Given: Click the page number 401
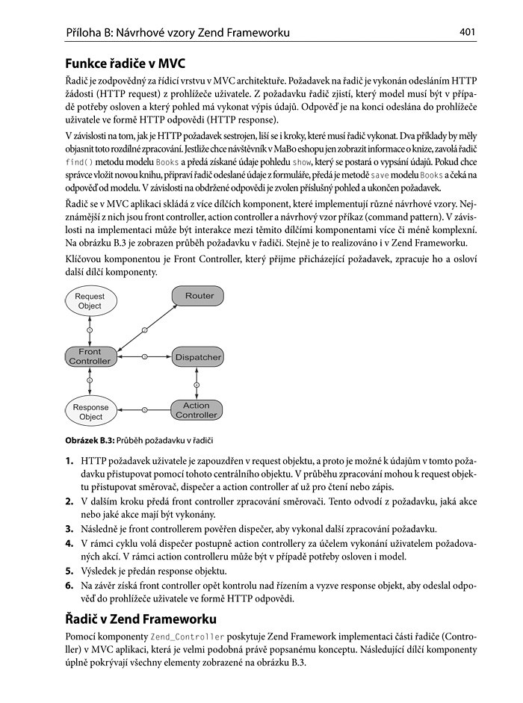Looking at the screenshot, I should pos(468,32).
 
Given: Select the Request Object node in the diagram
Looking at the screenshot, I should pos(90,301).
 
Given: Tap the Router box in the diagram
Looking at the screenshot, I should pos(199,296).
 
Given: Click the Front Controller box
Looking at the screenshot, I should pos(90,356).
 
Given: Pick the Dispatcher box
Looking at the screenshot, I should pos(198,357).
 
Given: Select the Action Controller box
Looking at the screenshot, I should pos(196,410).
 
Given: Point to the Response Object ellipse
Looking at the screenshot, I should pos(90,412).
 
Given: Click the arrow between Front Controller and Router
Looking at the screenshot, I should pos(144,328).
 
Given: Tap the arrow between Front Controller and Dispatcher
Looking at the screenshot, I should pos(143,357).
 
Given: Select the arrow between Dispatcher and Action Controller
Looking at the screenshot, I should pos(197,383).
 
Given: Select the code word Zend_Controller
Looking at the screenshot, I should pos(187,637).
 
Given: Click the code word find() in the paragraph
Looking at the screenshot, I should pos(80,162).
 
